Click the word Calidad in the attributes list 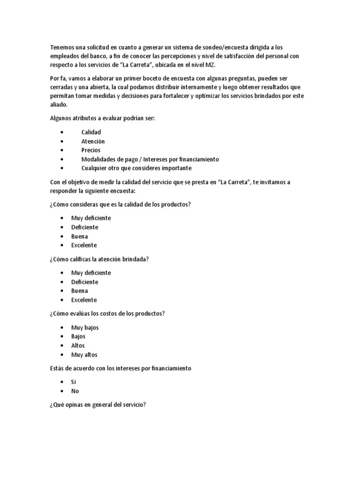[x=91, y=132]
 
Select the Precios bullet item [x=90, y=150]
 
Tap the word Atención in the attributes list [x=93, y=141]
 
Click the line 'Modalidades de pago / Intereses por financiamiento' [x=150, y=159]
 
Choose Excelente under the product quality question [x=84, y=245]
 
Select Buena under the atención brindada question [x=79, y=291]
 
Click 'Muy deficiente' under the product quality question [x=91, y=218]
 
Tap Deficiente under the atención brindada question [x=84, y=282]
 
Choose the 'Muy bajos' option [x=85, y=327]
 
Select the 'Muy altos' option [x=84, y=355]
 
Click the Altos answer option [x=78, y=345]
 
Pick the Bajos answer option [x=78, y=337]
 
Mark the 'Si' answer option [x=74, y=382]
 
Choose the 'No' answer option [x=75, y=391]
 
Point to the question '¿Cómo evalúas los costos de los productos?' [x=107, y=314]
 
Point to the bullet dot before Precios [x=62, y=150]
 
